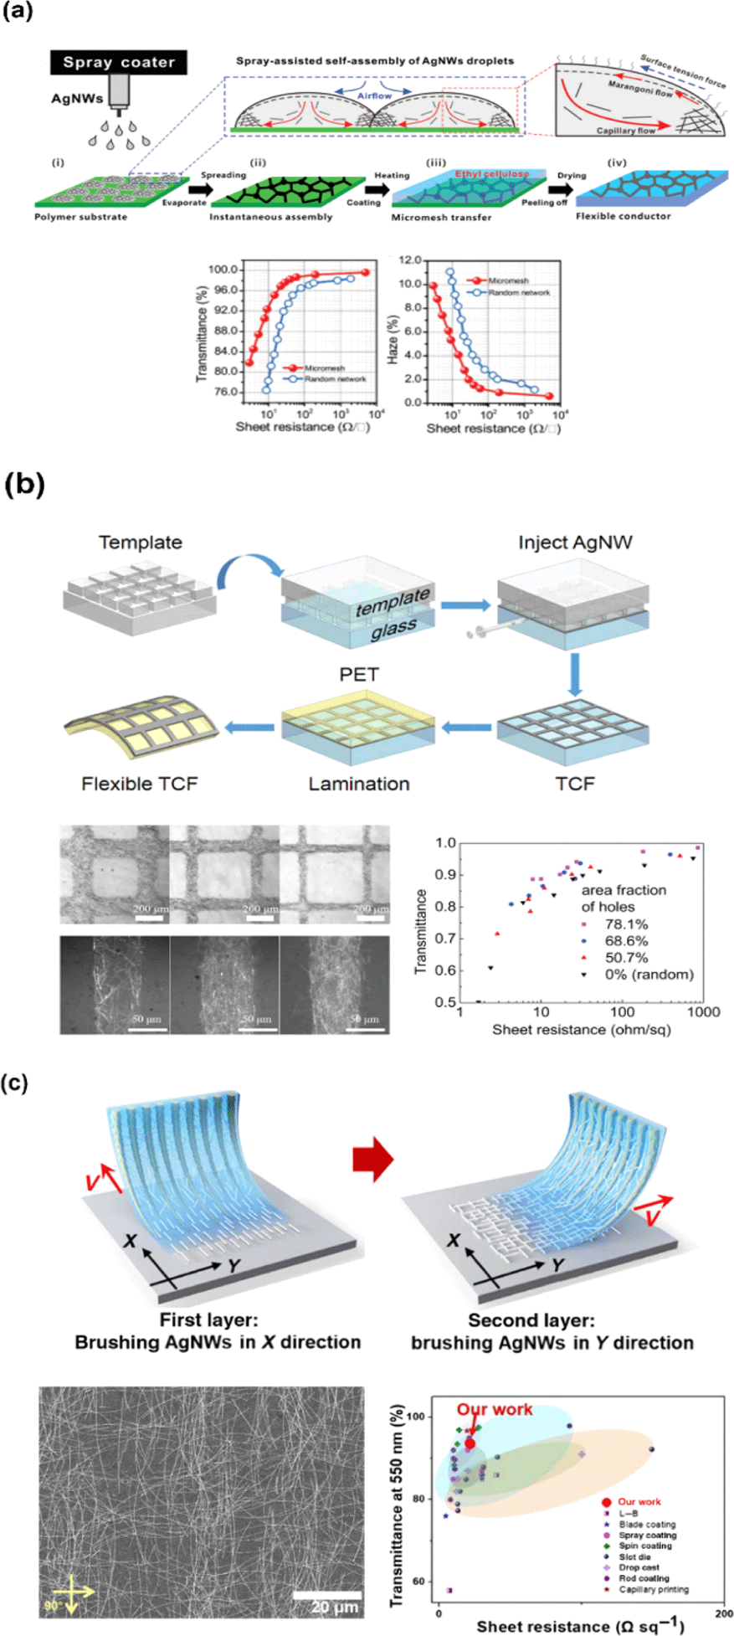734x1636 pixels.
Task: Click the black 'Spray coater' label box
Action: click(x=119, y=63)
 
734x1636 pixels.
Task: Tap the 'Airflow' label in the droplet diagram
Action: click(x=374, y=96)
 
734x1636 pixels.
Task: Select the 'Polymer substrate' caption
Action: click(x=81, y=217)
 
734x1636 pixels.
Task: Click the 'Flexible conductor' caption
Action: click(x=624, y=216)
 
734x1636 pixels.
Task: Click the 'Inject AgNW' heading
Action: click(x=575, y=543)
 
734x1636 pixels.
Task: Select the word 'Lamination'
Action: click(x=359, y=784)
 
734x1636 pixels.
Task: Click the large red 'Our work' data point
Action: click(x=470, y=1443)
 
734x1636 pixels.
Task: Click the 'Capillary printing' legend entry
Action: click(x=654, y=1589)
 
